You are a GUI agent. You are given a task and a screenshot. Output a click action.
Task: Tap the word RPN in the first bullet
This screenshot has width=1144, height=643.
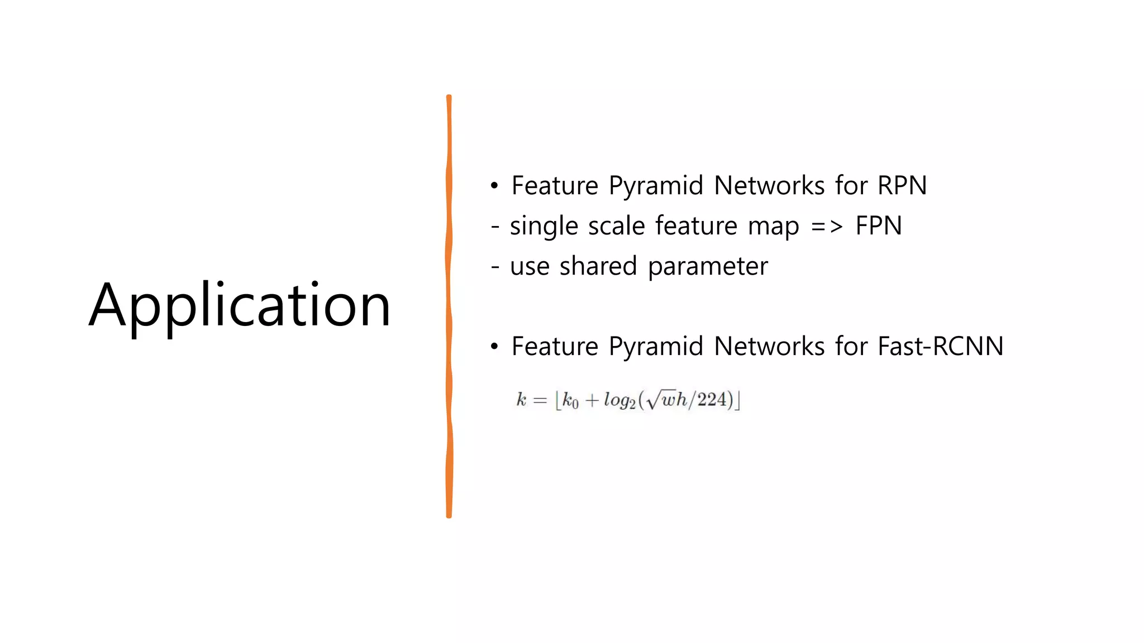pos(902,185)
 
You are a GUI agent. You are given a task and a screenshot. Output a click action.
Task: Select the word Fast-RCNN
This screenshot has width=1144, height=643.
pos(940,346)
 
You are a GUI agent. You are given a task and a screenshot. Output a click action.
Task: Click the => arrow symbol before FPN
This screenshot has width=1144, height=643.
pos(826,226)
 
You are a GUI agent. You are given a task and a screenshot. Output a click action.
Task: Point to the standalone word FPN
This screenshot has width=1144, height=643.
pos(878,226)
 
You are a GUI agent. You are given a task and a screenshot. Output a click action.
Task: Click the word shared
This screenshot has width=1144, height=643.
pos(598,266)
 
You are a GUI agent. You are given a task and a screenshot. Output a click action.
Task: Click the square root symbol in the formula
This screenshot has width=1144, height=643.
pos(652,400)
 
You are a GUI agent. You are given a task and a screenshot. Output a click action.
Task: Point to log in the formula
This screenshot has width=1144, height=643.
pos(618,400)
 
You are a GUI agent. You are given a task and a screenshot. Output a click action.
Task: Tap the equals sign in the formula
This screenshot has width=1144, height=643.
pos(540,400)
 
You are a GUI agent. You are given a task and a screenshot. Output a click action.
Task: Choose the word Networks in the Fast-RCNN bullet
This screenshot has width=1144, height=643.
pos(769,346)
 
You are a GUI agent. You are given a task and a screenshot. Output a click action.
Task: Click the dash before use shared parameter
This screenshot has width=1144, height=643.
pos(495,267)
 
